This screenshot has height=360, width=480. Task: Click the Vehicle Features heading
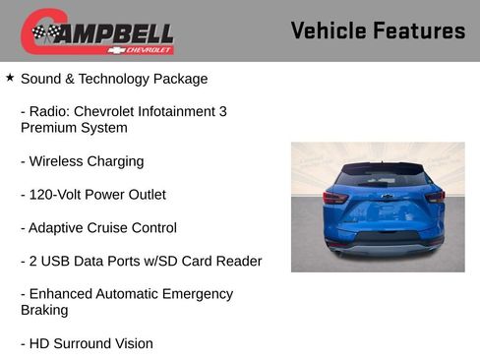tap(378, 30)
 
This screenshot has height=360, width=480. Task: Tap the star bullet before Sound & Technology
tap(10, 76)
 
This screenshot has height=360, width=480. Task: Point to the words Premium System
tap(74, 128)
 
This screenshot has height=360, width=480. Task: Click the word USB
tap(58, 262)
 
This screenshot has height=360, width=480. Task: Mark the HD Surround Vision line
tap(87, 344)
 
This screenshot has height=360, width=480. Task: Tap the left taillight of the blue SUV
tap(335, 197)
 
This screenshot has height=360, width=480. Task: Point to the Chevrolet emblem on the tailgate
tap(388, 197)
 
